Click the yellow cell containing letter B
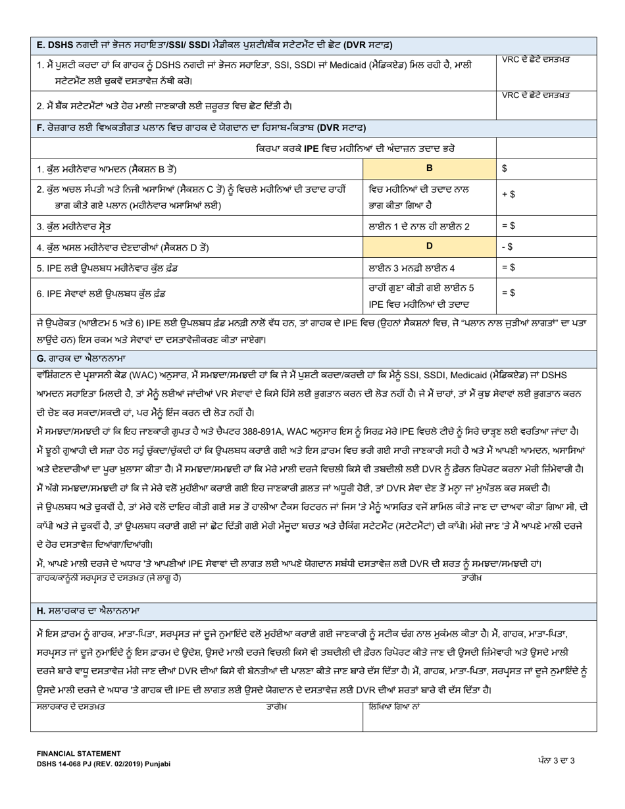click(430, 168)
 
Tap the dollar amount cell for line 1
click(546, 168)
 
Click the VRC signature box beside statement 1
click(546, 69)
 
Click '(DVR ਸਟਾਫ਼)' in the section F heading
click(341, 127)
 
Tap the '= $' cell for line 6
click(546, 294)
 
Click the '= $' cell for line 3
click(546, 226)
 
